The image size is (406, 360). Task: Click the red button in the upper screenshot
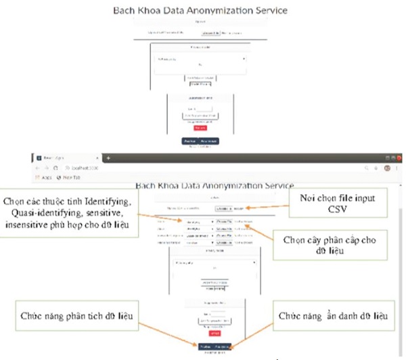click(200, 127)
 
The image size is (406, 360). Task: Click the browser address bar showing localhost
click(88, 167)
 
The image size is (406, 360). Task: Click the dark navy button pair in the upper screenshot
click(201, 141)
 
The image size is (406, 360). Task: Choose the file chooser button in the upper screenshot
click(210, 32)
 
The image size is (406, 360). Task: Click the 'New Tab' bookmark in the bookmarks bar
click(70, 177)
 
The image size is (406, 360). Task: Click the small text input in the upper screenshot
click(204, 108)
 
